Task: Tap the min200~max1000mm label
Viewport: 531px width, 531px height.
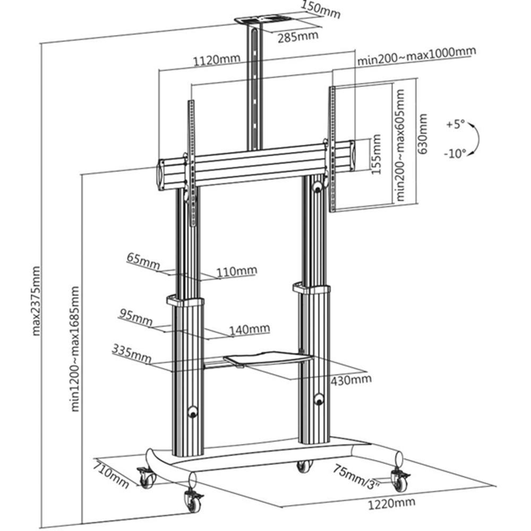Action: point(416,55)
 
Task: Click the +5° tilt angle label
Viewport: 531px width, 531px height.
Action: point(455,125)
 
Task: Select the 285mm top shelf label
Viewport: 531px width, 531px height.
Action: point(298,36)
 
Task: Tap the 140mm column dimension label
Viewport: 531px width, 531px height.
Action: point(250,329)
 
